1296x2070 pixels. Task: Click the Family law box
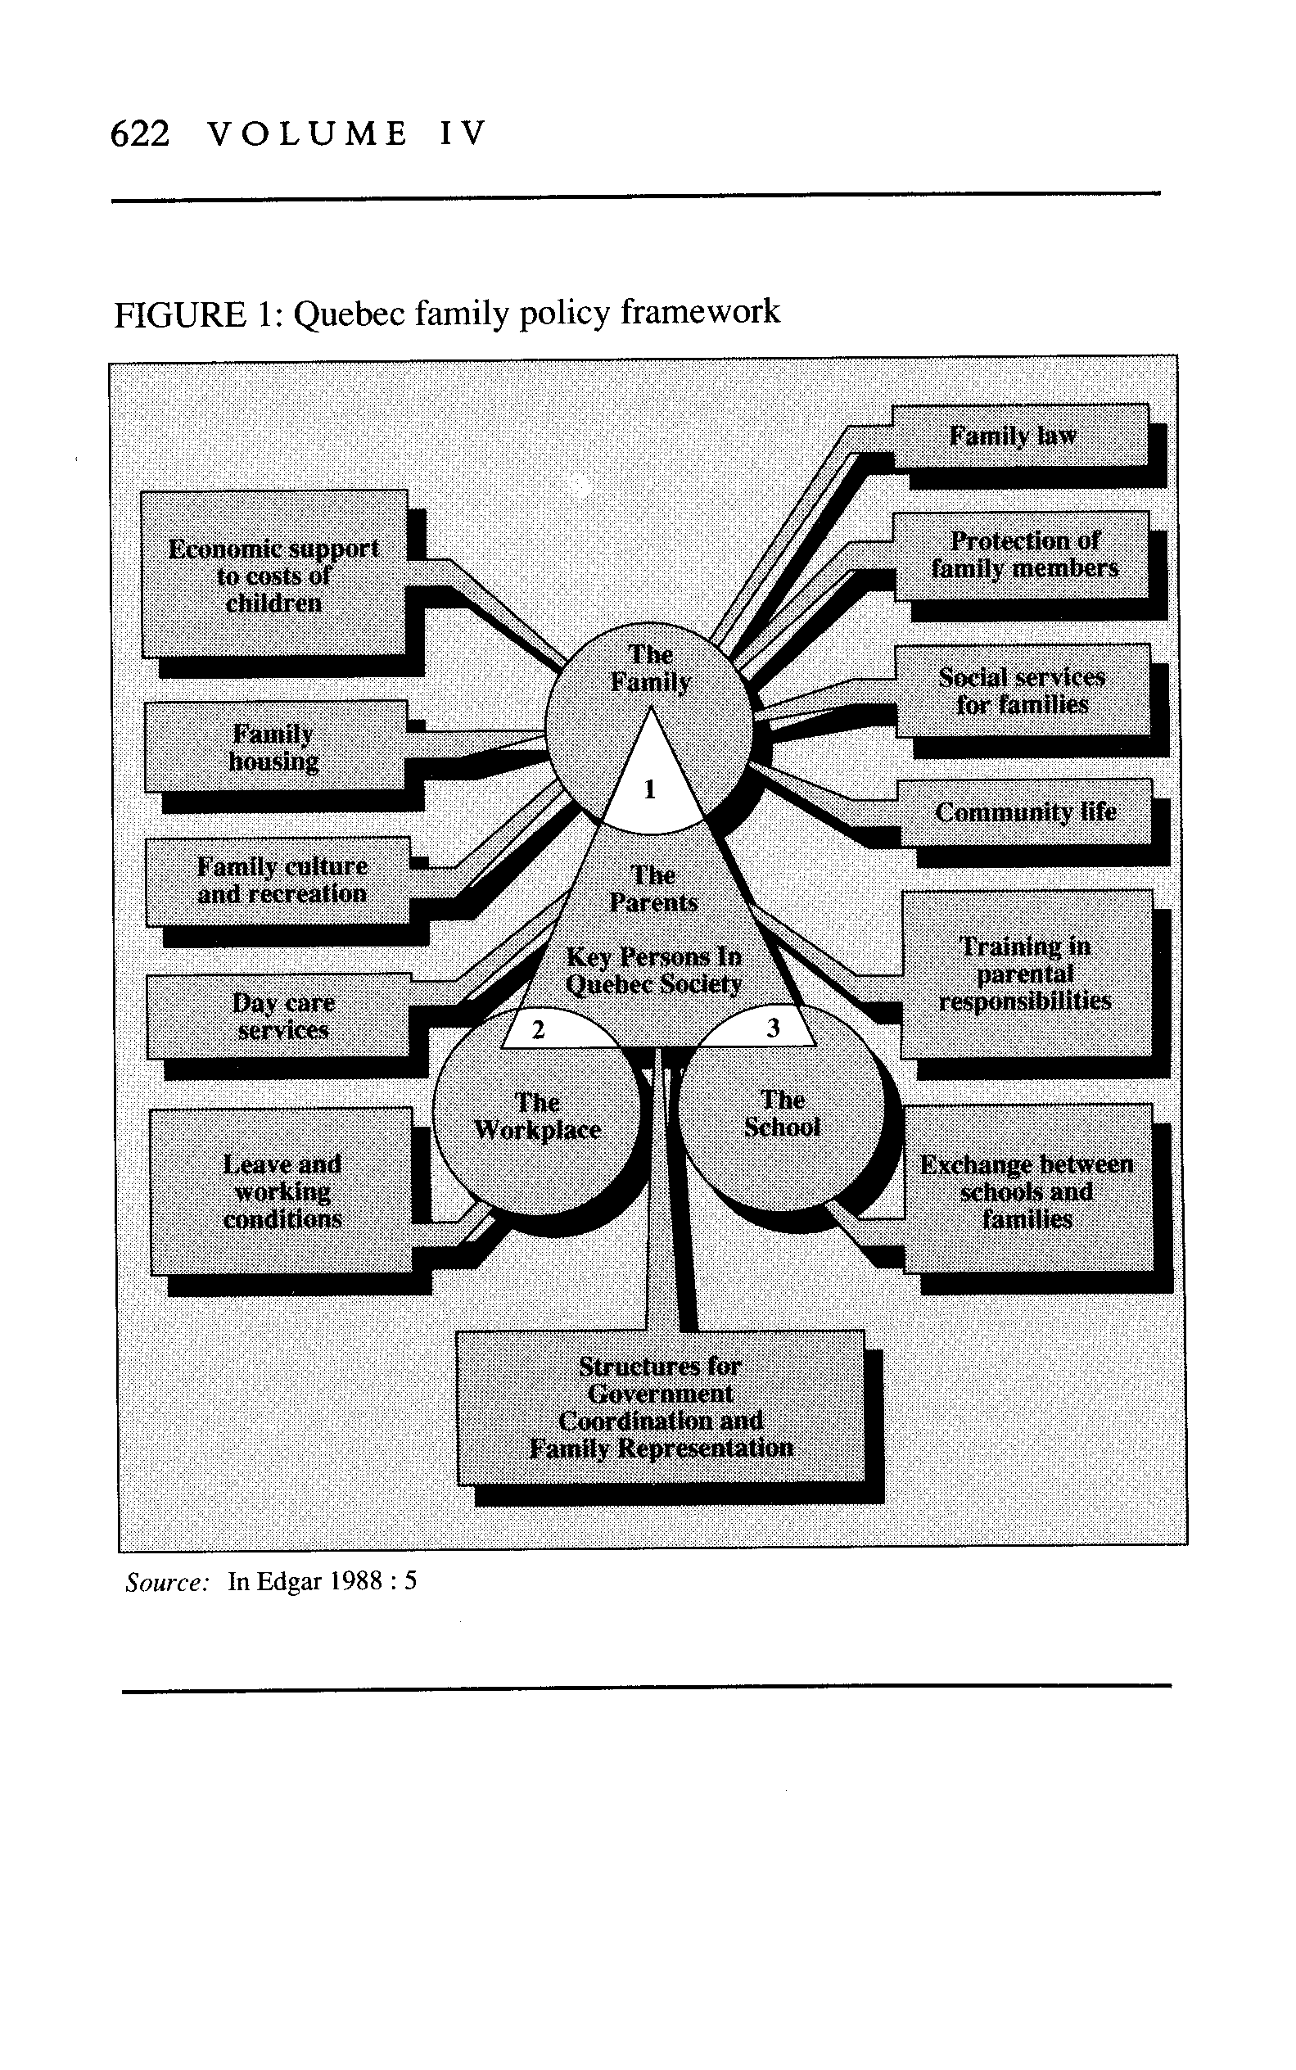click(1020, 436)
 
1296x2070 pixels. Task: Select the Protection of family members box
click(1022, 555)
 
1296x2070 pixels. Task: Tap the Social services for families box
click(1023, 691)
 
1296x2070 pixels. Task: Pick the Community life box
click(1025, 811)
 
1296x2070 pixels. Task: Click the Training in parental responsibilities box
click(1027, 974)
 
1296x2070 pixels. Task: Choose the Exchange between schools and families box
click(1028, 1190)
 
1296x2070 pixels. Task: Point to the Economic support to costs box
click(274, 574)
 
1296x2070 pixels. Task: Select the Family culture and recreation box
click(278, 881)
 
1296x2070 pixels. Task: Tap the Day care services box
click(279, 1016)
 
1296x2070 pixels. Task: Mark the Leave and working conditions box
click(282, 1191)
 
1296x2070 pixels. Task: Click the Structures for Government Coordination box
click(661, 1408)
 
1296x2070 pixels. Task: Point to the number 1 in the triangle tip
click(650, 789)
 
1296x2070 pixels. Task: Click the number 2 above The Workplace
click(538, 1029)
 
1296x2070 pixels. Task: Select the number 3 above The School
click(773, 1028)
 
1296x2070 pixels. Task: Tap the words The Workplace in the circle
click(537, 1116)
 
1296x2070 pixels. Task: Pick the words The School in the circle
click(783, 1114)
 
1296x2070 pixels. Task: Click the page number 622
click(141, 134)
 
